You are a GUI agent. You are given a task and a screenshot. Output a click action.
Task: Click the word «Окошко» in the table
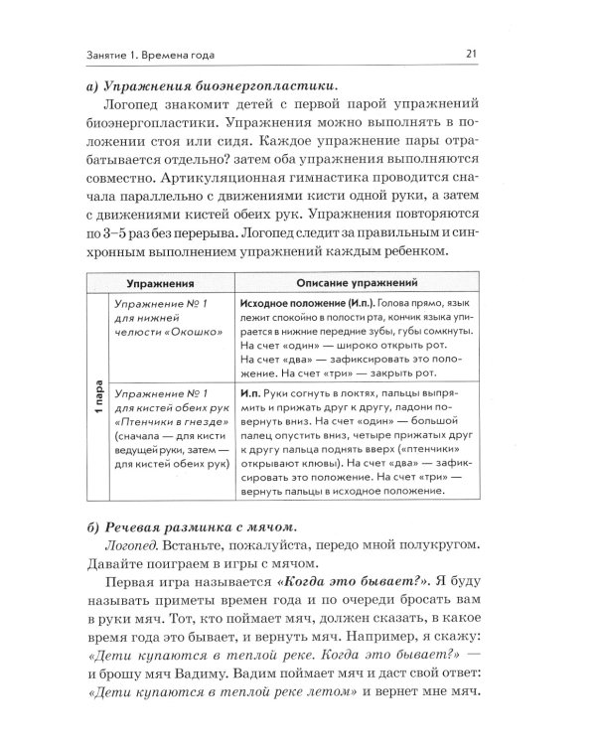coord(193,333)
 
